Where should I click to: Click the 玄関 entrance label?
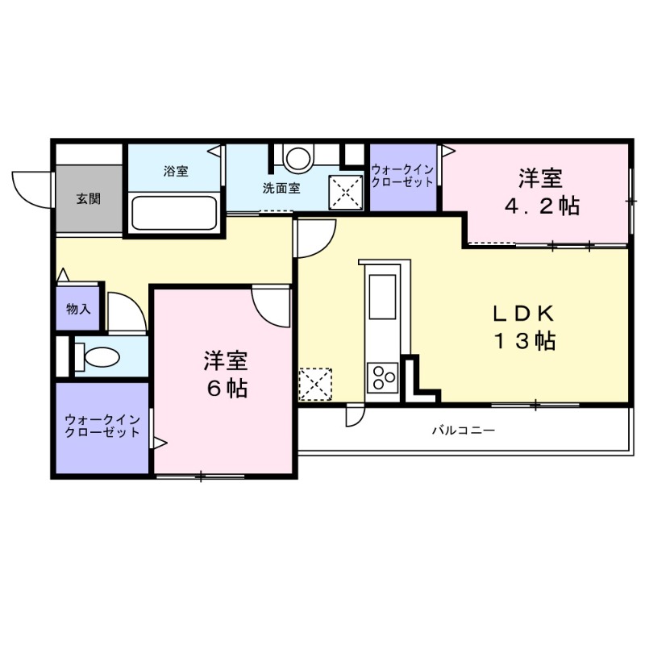point(88,199)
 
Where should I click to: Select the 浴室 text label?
point(175,171)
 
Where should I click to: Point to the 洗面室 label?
point(281,189)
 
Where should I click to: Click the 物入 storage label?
point(78,309)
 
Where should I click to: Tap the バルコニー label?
point(463,431)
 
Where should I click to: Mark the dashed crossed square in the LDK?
point(314,384)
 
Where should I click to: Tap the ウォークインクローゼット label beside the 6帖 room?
point(102,426)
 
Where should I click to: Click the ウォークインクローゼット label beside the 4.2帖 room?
point(403,176)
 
